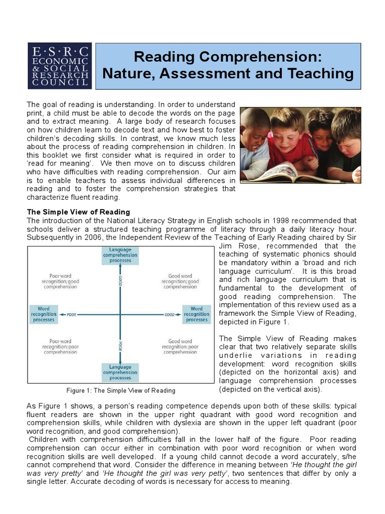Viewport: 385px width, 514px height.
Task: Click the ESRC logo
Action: (x=60, y=66)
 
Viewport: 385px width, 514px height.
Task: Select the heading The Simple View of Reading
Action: (x=78, y=212)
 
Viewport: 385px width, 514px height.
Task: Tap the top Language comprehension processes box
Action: (x=120, y=255)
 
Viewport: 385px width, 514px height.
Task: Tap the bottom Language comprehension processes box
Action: (x=120, y=372)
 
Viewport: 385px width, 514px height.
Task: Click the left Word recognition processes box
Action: (x=44, y=314)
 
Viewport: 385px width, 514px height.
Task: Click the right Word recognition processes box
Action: (x=197, y=314)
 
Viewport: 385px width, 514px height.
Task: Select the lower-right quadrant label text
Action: (x=180, y=346)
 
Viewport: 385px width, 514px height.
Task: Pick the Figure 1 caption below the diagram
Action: (x=121, y=391)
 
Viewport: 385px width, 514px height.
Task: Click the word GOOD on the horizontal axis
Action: (x=168, y=314)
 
